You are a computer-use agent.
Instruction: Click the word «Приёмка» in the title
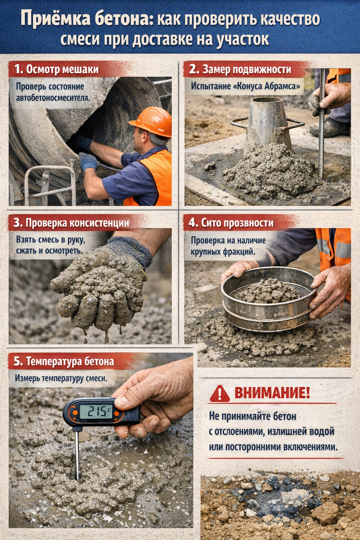[56, 19]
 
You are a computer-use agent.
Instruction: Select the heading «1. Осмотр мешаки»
[56, 69]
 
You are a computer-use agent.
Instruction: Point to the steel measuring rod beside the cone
[322, 123]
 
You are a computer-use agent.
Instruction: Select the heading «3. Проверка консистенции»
[72, 222]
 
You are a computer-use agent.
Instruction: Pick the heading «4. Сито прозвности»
[231, 222]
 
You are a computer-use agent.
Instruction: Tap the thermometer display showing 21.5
[96, 411]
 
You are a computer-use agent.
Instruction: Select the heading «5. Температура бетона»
[63, 361]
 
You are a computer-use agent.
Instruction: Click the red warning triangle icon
[220, 393]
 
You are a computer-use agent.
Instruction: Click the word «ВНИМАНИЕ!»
[272, 393]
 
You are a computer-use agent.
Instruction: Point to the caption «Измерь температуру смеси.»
[61, 378]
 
